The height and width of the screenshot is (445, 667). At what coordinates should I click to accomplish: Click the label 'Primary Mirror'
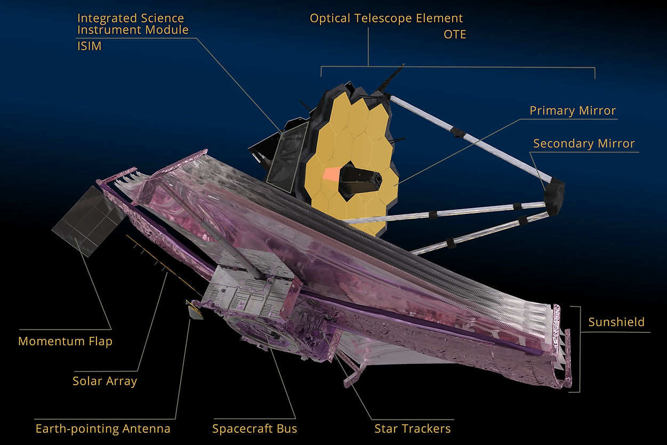coord(572,111)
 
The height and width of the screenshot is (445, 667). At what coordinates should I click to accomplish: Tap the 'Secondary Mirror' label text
coord(584,144)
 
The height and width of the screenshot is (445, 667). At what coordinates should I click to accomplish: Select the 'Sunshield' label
coord(616,322)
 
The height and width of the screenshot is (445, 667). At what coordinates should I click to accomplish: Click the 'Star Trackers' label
coord(412,428)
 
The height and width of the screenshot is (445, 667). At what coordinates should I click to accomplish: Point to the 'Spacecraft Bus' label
coord(254,428)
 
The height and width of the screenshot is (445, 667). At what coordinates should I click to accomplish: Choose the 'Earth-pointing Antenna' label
coord(103,428)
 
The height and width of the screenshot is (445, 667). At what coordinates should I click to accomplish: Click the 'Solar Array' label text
coord(105,381)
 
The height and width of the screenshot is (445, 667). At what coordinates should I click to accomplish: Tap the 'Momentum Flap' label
coord(65,341)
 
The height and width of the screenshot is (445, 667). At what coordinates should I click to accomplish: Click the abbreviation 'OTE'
coord(455,35)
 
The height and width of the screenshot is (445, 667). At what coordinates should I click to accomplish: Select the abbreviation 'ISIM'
coord(89,46)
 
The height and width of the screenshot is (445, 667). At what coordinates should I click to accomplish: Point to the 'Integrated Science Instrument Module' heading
coord(133,24)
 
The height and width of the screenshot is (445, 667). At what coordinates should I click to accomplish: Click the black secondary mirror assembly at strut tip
coord(554,197)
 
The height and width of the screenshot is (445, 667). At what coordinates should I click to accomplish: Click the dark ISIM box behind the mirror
coord(285,155)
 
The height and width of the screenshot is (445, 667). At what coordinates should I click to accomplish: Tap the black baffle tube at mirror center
coord(363,180)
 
